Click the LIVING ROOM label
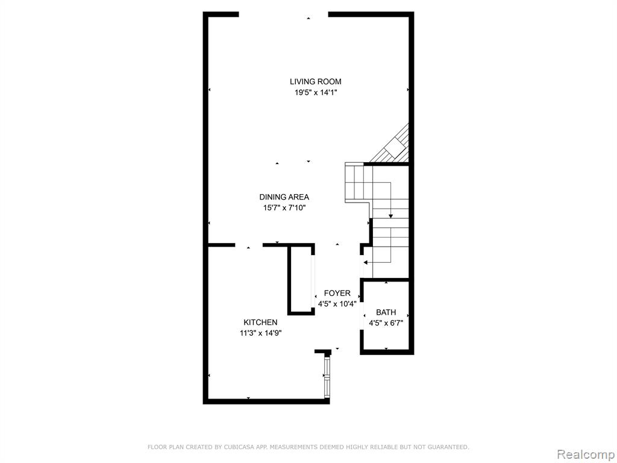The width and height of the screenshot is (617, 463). pyautogui.click(x=316, y=82)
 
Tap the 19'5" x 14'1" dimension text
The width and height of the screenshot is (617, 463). pyautogui.click(x=316, y=93)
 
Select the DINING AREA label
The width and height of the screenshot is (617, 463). pyautogui.click(x=284, y=197)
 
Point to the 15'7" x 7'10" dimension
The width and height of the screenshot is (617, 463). pyautogui.click(x=284, y=208)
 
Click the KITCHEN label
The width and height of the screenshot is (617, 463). pyautogui.click(x=260, y=323)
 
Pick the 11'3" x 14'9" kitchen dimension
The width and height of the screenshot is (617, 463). pyautogui.click(x=261, y=333)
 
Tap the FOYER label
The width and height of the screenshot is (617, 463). pyautogui.click(x=337, y=294)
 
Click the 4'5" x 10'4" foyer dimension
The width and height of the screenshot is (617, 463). pyautogui.click(x=337, y=304)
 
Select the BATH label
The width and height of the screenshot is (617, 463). pyautogui.click(x=386, y=313)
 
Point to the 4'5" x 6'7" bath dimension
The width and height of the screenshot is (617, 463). pyautogui.click(x=386, y=323)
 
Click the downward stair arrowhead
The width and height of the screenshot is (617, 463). pyautogui.click(x=390, y=216)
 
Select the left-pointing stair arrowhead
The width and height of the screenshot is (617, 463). pyautogui.click(x=366, y=262)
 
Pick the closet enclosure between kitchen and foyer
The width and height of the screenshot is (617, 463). pyautogui.click(x=301, y=279)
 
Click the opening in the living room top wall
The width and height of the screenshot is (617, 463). pyautogui.click(x=283, y=14)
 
